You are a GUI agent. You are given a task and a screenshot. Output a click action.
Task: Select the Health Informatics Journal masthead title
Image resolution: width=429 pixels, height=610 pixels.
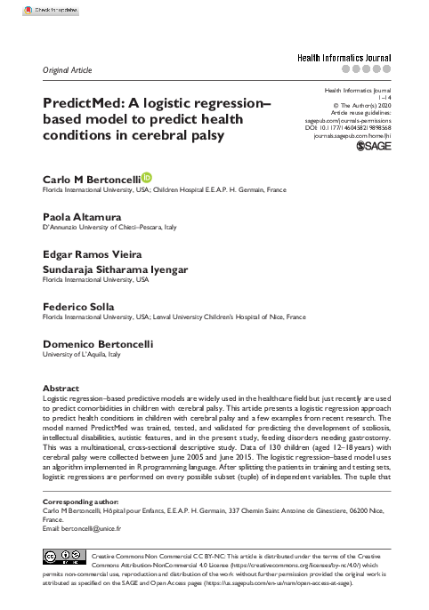click(344, 56)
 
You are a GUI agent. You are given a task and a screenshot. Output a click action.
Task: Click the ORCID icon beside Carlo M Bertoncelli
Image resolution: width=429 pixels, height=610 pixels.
click(147, 179)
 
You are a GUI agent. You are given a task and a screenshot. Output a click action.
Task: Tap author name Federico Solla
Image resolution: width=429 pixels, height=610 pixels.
click(78, 305)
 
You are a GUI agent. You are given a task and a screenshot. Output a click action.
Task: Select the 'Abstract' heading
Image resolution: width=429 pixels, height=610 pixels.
click(61, 389)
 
